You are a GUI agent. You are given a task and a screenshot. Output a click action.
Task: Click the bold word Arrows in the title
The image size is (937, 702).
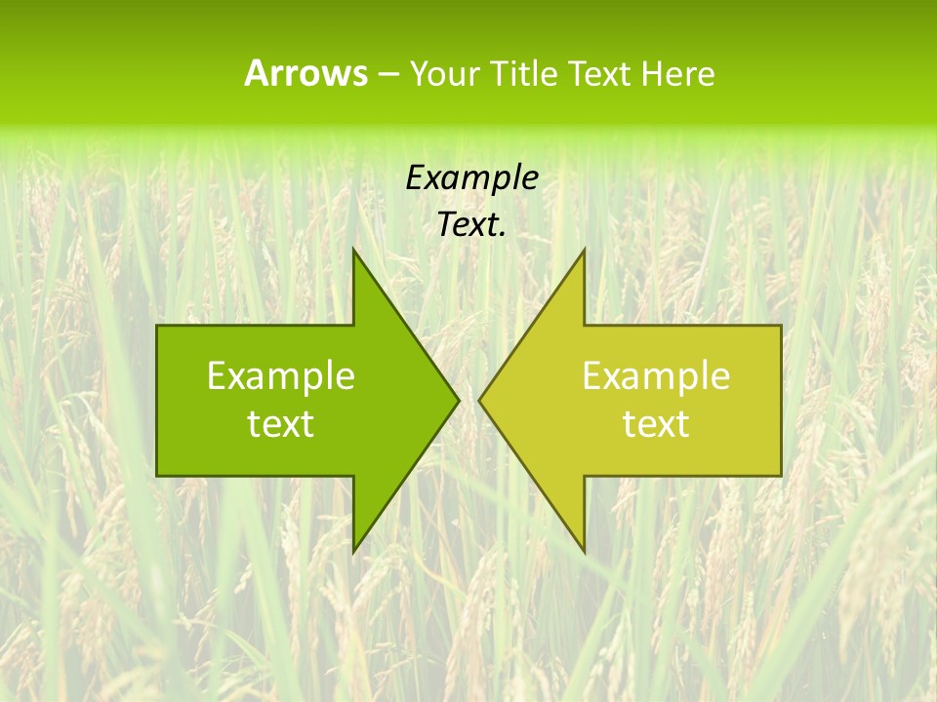point(306,73)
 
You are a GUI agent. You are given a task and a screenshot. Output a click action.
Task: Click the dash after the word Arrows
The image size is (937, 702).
point(387,74)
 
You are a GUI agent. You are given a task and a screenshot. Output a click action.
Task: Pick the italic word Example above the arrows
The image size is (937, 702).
point(472,177)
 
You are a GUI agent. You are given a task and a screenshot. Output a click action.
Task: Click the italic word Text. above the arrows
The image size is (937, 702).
point(472,225)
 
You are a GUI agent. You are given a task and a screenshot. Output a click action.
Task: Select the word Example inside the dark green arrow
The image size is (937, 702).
point(281,375)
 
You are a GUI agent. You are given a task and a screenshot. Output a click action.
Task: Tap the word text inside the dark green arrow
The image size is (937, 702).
point(281,424)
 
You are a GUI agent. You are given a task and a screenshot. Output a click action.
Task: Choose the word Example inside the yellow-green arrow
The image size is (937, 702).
point(656,375)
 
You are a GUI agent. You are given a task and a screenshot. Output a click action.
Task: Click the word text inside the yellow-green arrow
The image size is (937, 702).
point(656,424)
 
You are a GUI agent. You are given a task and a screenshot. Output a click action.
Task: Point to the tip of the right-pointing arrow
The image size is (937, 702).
point(459,400)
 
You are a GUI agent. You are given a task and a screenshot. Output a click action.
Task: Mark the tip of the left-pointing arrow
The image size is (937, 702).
point(478,400)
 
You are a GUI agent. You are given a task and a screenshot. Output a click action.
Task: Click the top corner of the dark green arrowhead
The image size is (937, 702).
point(353,250)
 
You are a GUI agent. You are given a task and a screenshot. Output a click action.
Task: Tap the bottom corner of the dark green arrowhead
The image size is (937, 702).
point(353,552)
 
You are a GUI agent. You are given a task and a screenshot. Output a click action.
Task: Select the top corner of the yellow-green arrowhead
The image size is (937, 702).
point(584,250)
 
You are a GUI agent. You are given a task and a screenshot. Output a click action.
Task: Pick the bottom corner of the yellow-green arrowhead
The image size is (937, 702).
point(584,552)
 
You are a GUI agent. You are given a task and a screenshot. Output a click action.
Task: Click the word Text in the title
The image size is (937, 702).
point(597,73)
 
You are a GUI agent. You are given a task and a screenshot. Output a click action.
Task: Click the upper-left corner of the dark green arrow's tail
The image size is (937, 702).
point(158,326)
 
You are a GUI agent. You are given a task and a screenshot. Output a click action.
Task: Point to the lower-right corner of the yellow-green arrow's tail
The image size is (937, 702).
point(781,475)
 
